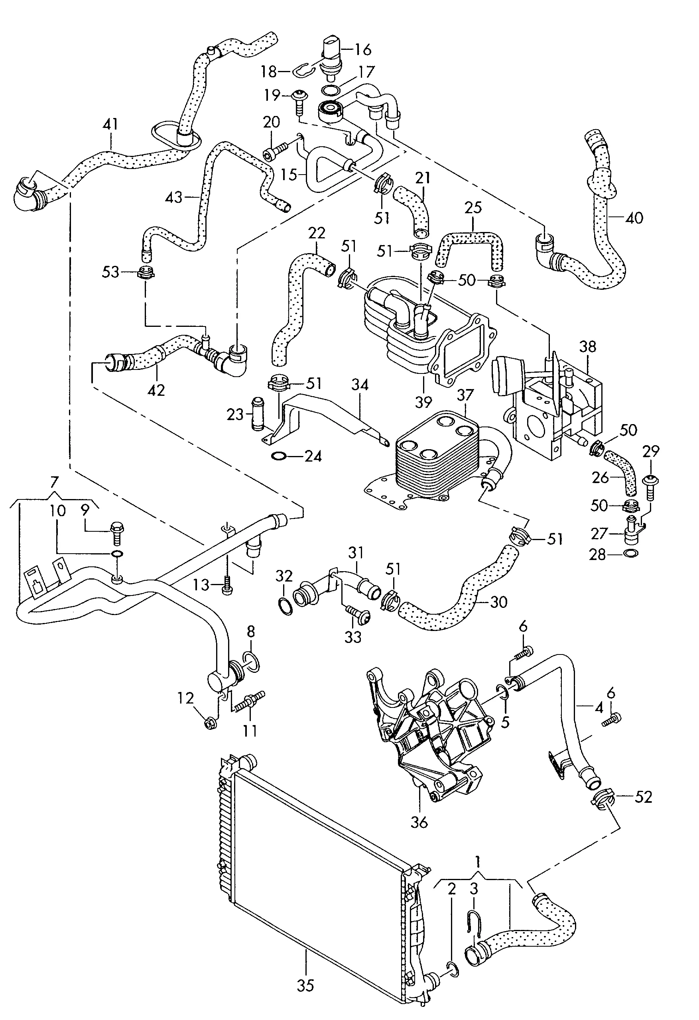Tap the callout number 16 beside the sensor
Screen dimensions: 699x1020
[x=363, y=49]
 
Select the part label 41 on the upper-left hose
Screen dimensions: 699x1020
[x=110, y=124]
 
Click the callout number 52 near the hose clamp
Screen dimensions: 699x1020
[x=644, y=797]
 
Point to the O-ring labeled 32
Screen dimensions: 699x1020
[x=285, y=606]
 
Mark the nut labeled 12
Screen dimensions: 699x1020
[x=210, y=724]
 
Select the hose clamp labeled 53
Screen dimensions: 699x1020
[x=145, y=273]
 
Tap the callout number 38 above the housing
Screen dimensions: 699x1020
[x=588, y=347]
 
